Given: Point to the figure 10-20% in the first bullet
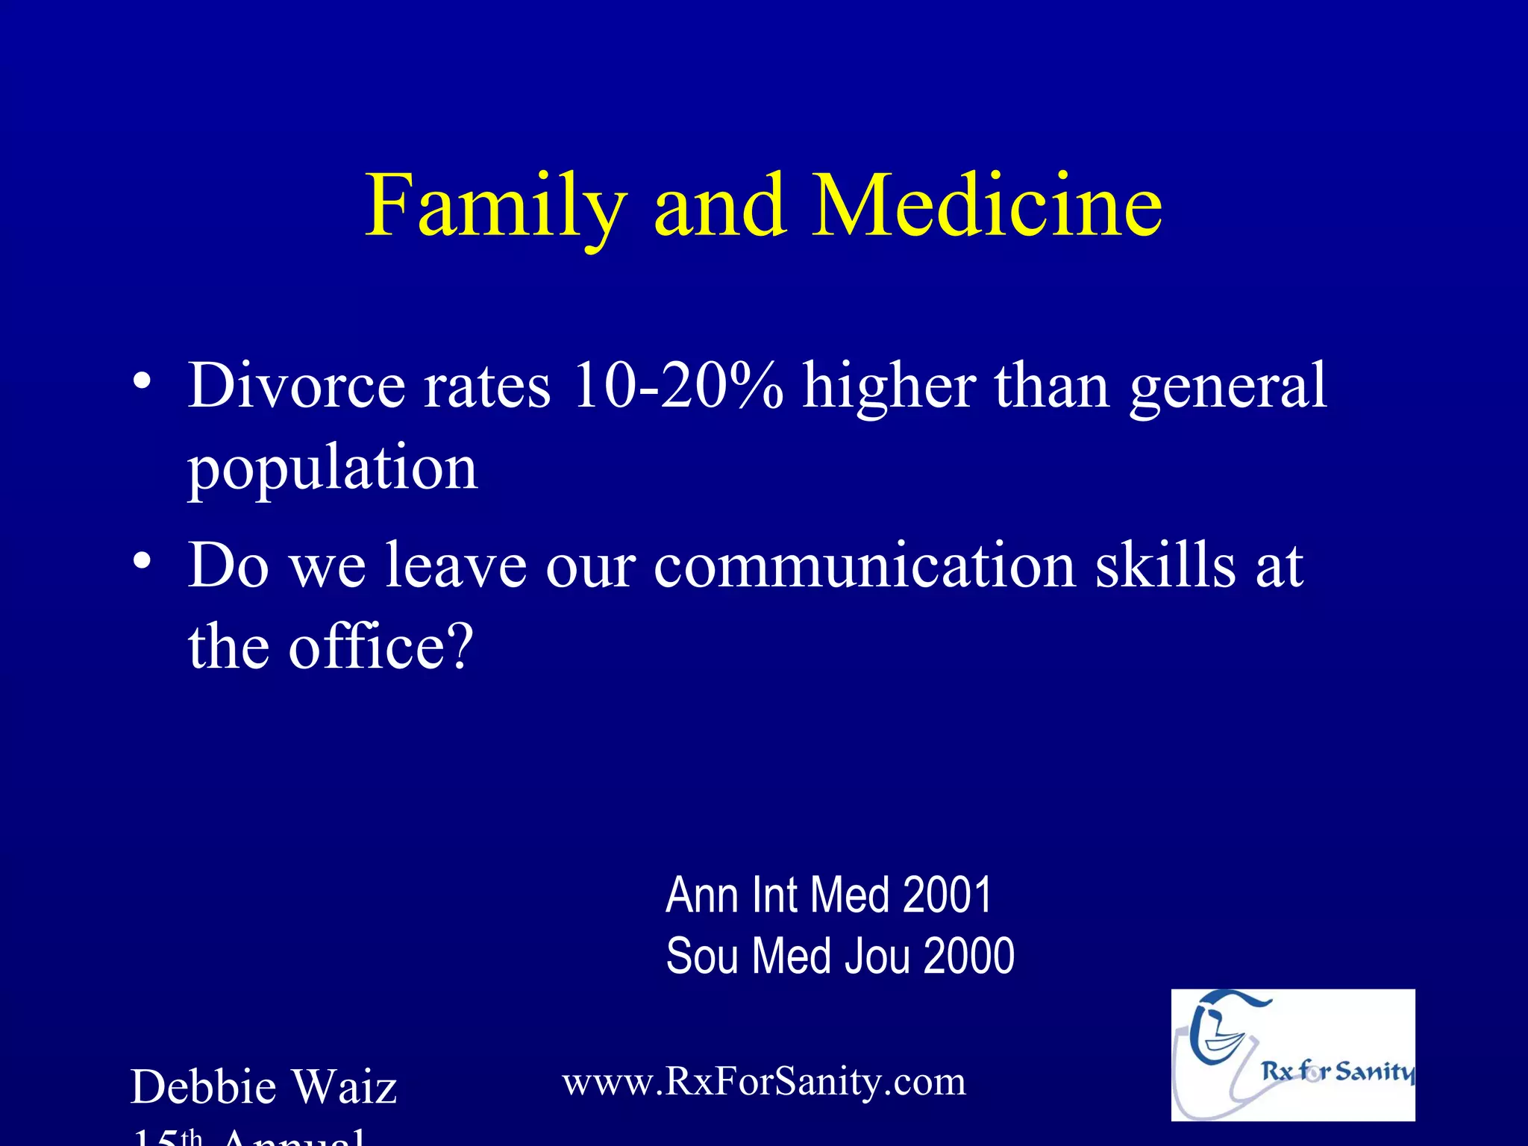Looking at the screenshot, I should coord(677,386).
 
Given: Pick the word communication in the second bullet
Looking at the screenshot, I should coord(865,565).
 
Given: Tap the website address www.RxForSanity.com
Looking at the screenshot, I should coord(764,1081).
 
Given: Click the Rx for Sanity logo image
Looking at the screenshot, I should coord(1292,1055).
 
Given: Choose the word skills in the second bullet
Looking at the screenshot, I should coord(1165,565).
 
